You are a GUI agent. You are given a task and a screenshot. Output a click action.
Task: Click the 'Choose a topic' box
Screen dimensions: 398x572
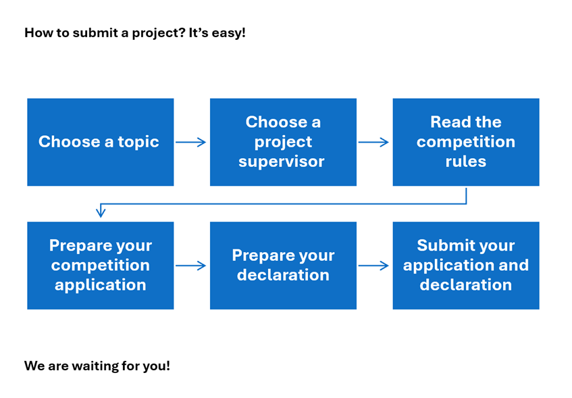[x=100, y=142]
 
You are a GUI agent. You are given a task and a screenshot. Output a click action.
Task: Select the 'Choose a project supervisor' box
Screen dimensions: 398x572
[x=283, y=142]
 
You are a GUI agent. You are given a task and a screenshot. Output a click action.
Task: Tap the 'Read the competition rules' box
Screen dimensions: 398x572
[x=466, y=142]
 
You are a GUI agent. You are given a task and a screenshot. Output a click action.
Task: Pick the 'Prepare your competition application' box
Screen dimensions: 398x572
[x=100, y=266]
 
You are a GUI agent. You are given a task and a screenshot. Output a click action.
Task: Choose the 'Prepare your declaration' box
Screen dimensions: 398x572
[x=283, y=266]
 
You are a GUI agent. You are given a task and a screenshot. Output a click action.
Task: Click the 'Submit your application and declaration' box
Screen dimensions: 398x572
[x=466, y=266]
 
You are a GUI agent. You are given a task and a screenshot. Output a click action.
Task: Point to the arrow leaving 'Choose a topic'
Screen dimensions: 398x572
[x=191, y=142]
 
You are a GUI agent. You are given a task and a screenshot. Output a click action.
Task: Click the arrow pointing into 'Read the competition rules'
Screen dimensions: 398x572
[x=374, y=142]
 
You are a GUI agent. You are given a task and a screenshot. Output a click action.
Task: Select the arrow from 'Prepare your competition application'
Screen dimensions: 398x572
[x=191, y=266]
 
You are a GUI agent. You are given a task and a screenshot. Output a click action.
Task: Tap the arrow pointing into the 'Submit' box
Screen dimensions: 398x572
[x=374, y=266]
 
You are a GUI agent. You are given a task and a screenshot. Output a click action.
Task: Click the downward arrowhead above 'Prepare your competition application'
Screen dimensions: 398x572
[x=101, y=212]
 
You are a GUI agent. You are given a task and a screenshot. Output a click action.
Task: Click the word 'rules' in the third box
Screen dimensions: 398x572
[x=466, y=162]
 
